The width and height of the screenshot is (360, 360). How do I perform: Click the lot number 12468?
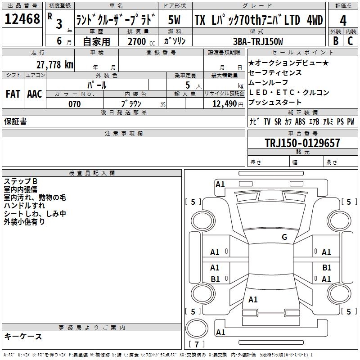point(22,19)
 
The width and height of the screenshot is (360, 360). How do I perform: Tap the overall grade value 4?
point(343,21)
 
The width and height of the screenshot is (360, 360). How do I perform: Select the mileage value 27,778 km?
point(55,65)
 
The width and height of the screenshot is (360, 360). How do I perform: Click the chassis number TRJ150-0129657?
point(302,143)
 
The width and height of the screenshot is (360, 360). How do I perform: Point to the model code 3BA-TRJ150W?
point(258,41)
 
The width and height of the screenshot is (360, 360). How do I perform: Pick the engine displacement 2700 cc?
point(141,41)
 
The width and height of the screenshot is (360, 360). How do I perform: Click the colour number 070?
point(75,104)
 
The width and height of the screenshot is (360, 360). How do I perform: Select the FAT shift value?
point(13,94)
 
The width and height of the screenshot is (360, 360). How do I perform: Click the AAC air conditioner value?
point(35,94)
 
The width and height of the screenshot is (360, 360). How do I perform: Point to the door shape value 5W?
point(174,20)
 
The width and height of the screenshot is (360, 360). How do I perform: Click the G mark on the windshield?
point(284,237)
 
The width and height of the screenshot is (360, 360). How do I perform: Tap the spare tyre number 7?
point(197,344)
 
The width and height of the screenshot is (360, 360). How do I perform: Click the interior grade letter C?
point(350,41)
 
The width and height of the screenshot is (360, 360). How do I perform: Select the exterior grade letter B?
point(336,41)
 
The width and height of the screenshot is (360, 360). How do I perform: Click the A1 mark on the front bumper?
point(220,184)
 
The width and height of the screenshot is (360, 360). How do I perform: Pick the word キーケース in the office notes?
point(23,336)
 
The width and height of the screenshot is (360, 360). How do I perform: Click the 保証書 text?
point(15,121)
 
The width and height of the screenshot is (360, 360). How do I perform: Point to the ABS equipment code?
point(300,121)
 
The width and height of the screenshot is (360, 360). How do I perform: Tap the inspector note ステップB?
point(20,181)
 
